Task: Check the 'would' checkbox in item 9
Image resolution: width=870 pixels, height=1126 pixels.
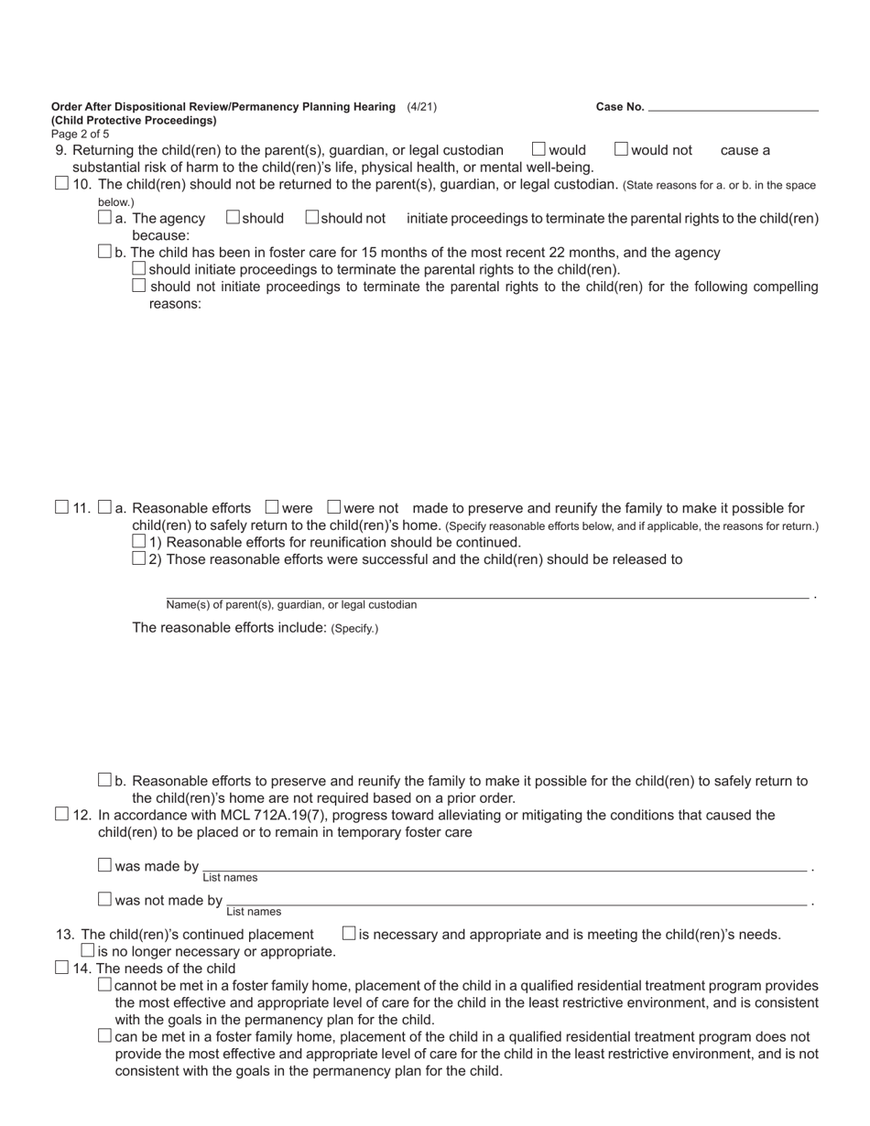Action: (538, 148)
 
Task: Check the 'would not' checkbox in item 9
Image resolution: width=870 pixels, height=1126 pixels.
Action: (621, 148)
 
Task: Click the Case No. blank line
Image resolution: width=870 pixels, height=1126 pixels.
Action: (733, 106)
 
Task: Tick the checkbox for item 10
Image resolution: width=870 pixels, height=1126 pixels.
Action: (61, 183)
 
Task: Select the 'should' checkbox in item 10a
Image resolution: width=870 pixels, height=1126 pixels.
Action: (233, 217)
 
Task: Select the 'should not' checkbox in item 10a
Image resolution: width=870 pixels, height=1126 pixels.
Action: (311, 217)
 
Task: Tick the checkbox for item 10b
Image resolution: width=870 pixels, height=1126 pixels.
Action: (104, 251)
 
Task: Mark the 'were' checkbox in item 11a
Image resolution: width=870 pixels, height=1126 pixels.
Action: (272, 506)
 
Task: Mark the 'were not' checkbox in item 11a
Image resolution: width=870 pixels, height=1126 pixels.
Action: (333, 506)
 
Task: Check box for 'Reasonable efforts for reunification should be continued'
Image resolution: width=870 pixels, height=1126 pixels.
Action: (139, 541)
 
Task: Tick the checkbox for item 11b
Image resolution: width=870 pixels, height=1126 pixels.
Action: (104, 780)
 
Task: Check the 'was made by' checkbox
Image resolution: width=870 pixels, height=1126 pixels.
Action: (104, 865)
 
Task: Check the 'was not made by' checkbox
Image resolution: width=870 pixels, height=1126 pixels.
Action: (104, 899)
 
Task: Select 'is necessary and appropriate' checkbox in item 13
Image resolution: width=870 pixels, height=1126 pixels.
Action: (349, 933)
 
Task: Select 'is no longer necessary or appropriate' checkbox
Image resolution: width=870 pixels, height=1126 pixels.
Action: (88, 950)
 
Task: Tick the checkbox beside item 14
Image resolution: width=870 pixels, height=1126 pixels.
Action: (61, 967)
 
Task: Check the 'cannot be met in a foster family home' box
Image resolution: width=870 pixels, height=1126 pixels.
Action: (104, 984)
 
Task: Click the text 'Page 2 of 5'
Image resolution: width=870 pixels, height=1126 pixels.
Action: (81, 134)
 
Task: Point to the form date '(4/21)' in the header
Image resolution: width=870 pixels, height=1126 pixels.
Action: (421, 106)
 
